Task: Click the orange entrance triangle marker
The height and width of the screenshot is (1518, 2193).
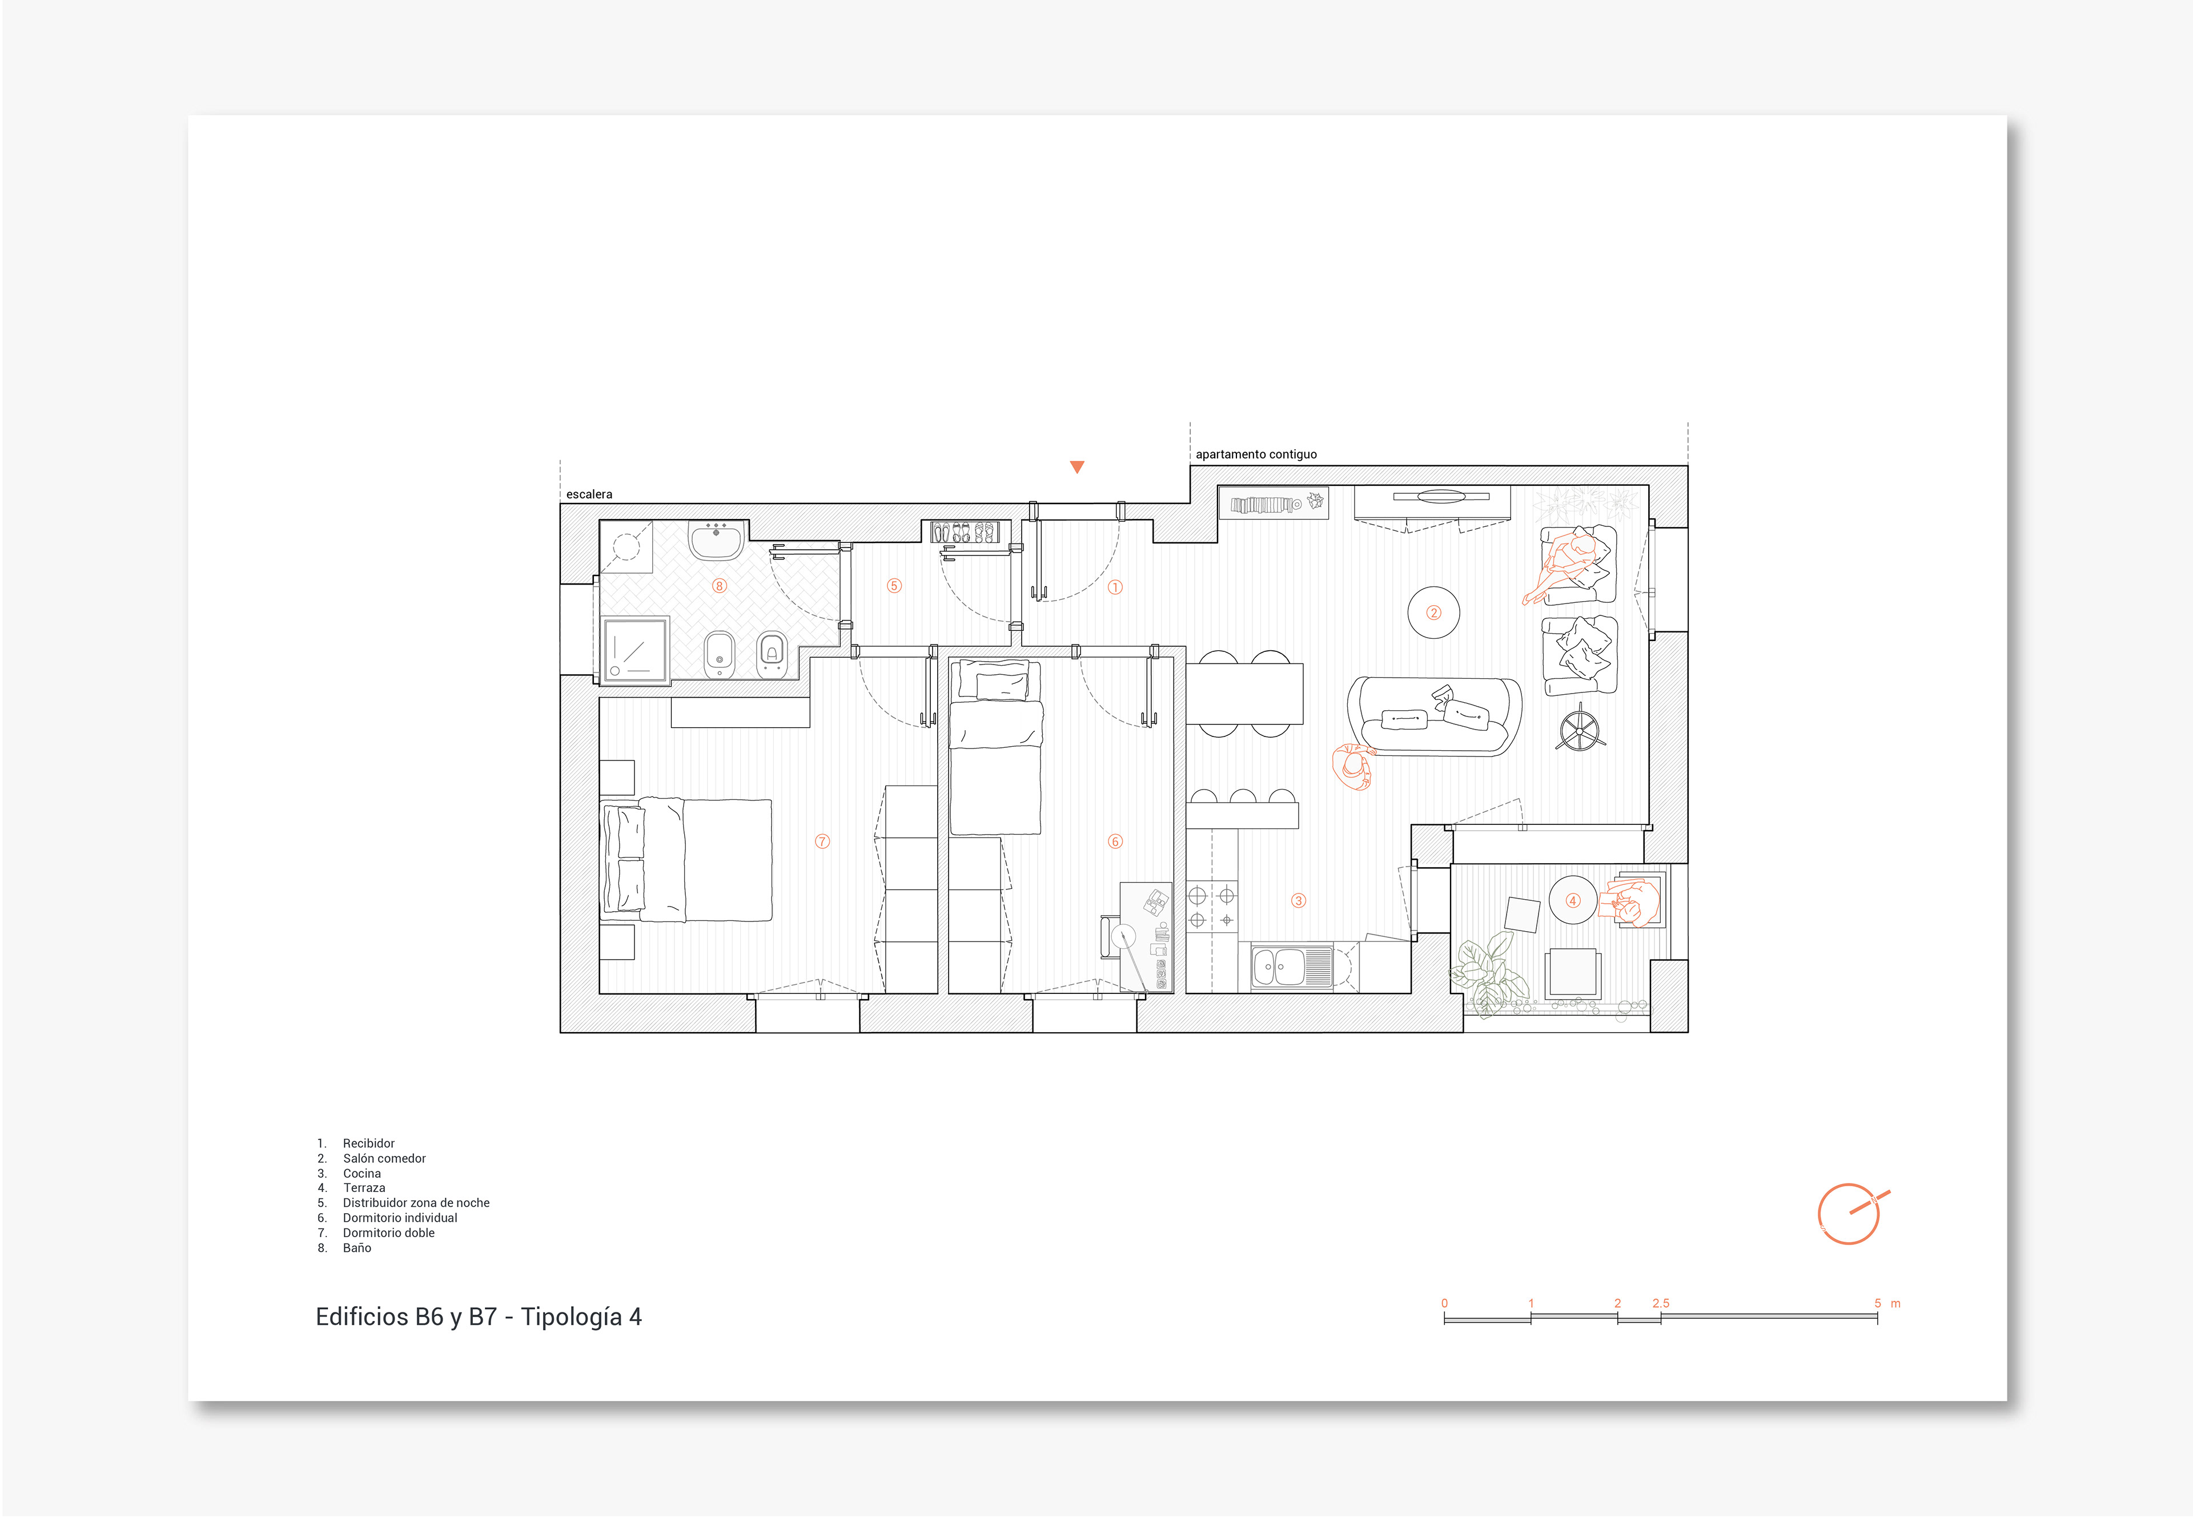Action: pyautogui.click(x=1077, y=466)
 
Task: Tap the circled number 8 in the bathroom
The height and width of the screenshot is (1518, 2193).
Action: pyautogui.click(x=719, y=586)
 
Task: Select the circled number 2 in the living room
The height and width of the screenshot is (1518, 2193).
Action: pyautogui.click(x=1434, y=613)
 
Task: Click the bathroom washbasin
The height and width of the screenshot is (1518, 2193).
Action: pyautogui.click(x=716, y=540)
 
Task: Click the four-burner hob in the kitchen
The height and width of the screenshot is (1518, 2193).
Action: pyautogui.click(x=1212, y=907)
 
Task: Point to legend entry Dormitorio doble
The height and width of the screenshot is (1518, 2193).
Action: pyautogui.click(x=388, y=1233)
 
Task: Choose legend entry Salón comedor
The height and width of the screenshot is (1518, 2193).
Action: pyautogui.click(x=384, y=1158)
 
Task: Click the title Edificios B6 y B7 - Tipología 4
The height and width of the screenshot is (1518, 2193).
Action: pyautogui.click(x=479, y=1317)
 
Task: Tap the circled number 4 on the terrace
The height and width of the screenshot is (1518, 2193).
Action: pyautogui.click(x=1573, y=901)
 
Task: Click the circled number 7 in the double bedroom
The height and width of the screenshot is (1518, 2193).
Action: pyautogui.click(x=823, y=841)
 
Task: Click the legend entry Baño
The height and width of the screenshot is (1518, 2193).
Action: pyautogui.click(x=357, y=1248)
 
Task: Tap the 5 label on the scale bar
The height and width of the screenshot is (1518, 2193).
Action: pyautogui.click(x=1877, y=1303)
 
